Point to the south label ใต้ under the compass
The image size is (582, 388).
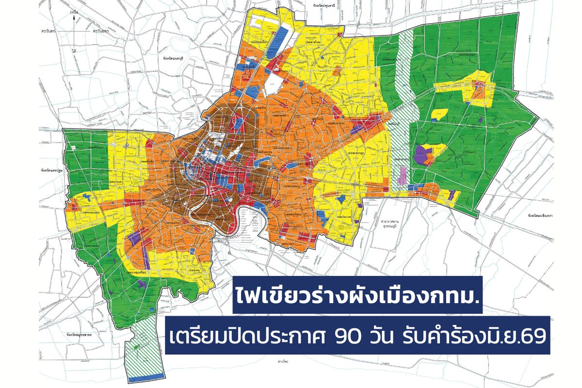(x=74, y=50)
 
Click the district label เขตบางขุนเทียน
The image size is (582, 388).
(x=139, y=273)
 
